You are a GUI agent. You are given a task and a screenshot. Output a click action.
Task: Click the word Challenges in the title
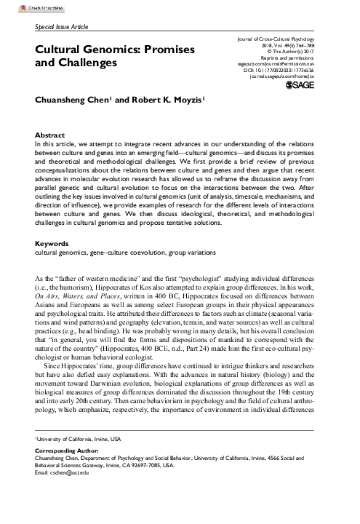click(86, 63)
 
